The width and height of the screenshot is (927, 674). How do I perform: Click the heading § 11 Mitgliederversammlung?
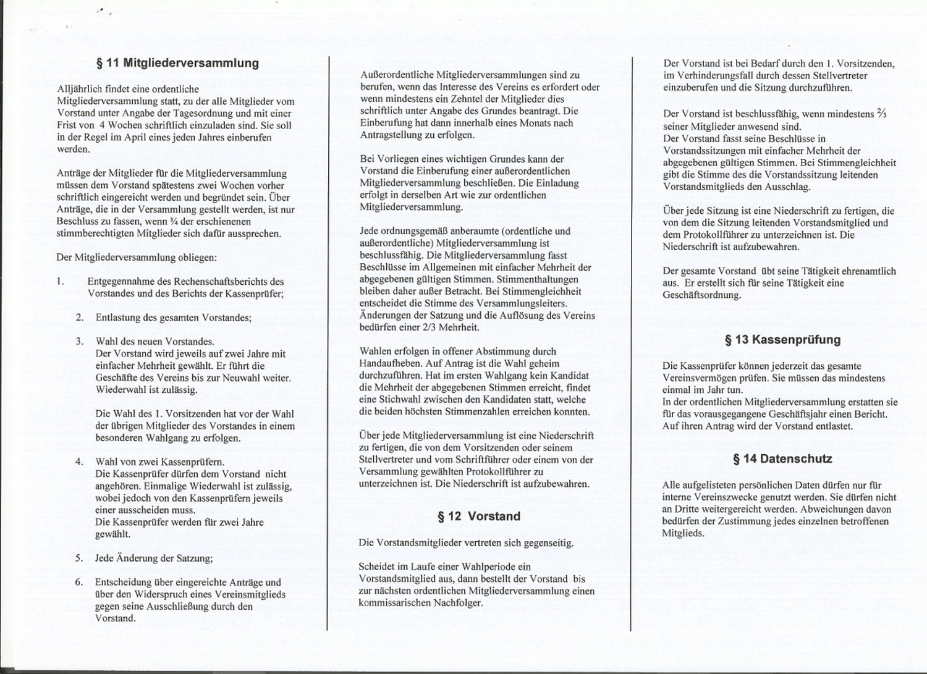177,63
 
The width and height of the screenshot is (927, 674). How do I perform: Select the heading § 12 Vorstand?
479,516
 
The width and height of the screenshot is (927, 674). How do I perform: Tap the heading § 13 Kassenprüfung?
782,340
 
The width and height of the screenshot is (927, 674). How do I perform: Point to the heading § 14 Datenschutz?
782,459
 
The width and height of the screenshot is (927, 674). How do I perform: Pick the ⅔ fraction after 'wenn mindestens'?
881,114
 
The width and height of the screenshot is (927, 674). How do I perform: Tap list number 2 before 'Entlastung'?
80,318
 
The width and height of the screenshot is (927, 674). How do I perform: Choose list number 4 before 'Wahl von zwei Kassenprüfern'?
80,462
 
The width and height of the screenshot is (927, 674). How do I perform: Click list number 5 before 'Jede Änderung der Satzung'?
80,558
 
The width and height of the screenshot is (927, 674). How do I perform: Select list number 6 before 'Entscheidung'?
80,583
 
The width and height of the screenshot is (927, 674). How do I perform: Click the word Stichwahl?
395,400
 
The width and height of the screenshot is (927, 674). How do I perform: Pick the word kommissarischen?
394,603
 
